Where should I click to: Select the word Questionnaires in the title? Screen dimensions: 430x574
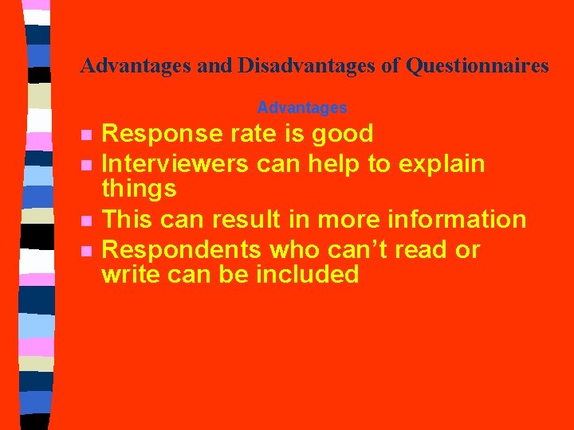[477, 65]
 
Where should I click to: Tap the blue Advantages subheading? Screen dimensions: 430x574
[302, 107]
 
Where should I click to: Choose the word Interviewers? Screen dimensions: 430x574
[175, 164]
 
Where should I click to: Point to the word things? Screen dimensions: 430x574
[139, 189]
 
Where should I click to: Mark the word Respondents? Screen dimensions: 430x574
[183, 249]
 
